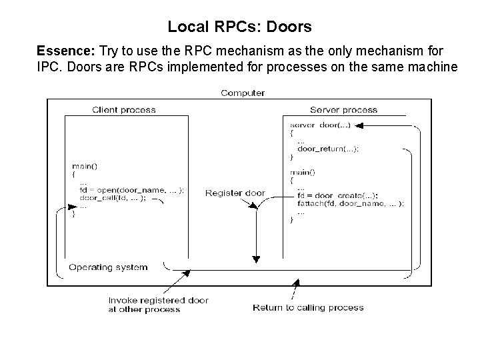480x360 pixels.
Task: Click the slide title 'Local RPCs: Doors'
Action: click(239, 27)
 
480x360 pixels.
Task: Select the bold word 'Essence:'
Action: click(60, 51)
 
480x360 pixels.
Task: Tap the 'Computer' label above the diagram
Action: click(243, 93)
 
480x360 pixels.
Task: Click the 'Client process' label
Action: click(123, 109)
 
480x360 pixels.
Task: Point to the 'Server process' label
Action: click(343, 109)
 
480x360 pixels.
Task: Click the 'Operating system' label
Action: click(108, 267)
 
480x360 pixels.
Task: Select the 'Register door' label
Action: click(235, 193)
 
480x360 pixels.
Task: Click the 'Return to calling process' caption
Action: click(308, 307)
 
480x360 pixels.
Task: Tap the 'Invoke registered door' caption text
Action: click(158, 301)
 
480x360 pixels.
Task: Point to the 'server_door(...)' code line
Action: click(319, 125)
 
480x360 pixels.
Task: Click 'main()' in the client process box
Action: click(84, 165)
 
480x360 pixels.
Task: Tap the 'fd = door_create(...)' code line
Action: click(338, 195)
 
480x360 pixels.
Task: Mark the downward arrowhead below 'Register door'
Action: click(255, 259)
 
